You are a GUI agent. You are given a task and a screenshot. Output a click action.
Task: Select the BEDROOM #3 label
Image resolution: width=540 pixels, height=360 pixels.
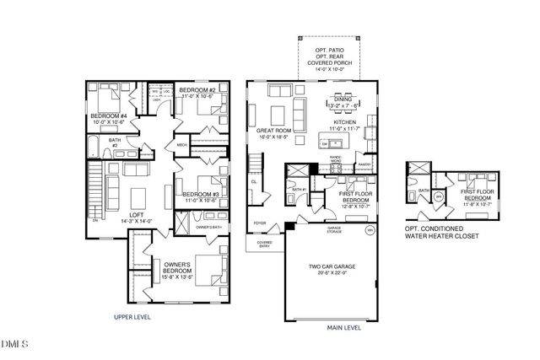(201, 195)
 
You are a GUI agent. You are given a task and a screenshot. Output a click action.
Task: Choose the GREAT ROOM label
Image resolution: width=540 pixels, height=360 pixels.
(274, 132)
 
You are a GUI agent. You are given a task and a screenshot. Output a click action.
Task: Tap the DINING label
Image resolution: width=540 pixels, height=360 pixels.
(342, 99)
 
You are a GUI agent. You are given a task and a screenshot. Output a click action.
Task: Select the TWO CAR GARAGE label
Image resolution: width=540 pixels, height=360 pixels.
(328, 266)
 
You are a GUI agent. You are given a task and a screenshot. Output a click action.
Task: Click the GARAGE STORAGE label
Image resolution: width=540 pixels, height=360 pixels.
(334, 228)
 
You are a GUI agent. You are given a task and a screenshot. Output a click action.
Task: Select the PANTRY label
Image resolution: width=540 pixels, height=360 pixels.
(364, 165)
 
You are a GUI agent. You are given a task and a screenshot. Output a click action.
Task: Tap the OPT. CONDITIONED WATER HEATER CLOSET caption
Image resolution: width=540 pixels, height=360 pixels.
(440, 232)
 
